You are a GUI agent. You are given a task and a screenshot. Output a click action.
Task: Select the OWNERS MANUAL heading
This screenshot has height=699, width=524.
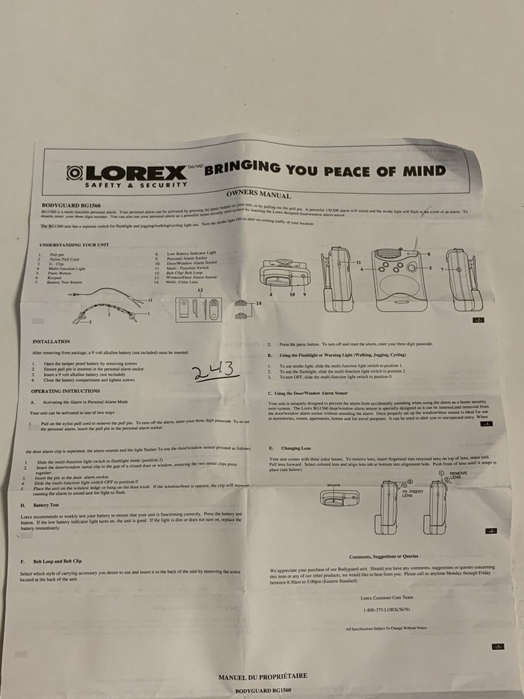point(259,196)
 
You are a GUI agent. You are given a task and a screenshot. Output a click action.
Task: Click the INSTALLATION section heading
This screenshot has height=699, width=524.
point(51,342)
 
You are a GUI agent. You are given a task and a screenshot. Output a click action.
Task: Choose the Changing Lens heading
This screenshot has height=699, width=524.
point(296,447)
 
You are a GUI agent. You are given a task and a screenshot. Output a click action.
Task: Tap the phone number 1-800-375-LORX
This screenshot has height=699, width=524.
point(386,610)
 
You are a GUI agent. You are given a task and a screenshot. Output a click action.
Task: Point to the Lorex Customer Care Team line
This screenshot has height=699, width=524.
point(386,598)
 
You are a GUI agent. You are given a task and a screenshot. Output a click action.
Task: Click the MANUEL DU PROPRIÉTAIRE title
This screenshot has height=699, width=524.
point(262,676)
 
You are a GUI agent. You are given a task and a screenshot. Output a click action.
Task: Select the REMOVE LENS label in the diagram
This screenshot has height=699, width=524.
point(458,476)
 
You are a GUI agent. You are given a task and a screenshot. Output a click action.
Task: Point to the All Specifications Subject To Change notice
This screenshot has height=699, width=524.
point(386,628)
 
